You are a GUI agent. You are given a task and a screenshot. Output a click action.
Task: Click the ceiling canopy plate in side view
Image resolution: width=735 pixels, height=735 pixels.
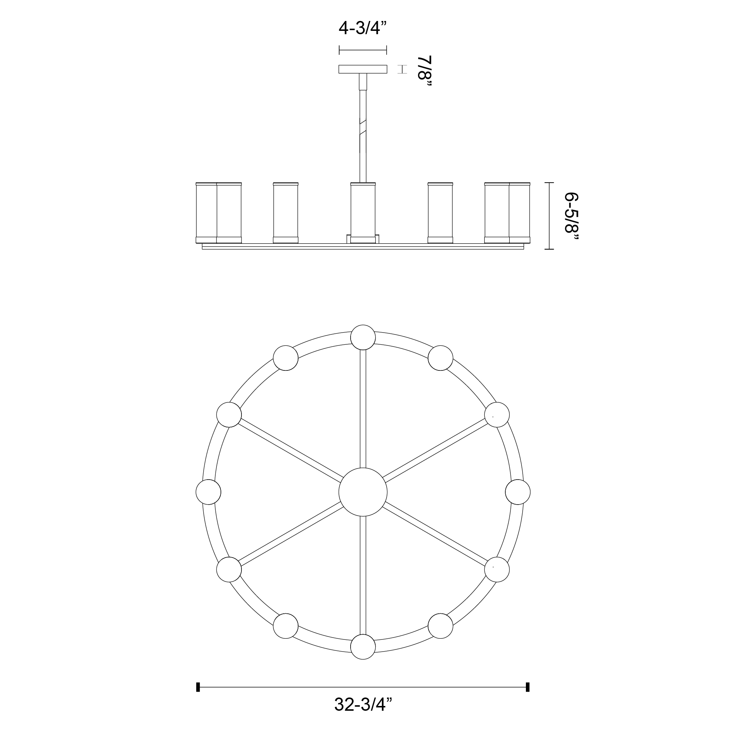(363, 69)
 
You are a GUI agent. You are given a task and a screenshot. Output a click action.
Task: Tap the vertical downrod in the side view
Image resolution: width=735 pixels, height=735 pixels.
(363, 128)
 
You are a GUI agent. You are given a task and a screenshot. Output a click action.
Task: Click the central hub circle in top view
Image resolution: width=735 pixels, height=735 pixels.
(363, 492)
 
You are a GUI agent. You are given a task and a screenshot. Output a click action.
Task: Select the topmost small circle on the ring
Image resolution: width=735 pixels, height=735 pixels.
(363, 337)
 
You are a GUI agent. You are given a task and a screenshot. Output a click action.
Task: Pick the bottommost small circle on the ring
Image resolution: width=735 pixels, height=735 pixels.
(363, 647)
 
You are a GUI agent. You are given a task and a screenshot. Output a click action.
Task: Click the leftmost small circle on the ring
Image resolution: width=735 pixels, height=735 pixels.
(208, 492)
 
